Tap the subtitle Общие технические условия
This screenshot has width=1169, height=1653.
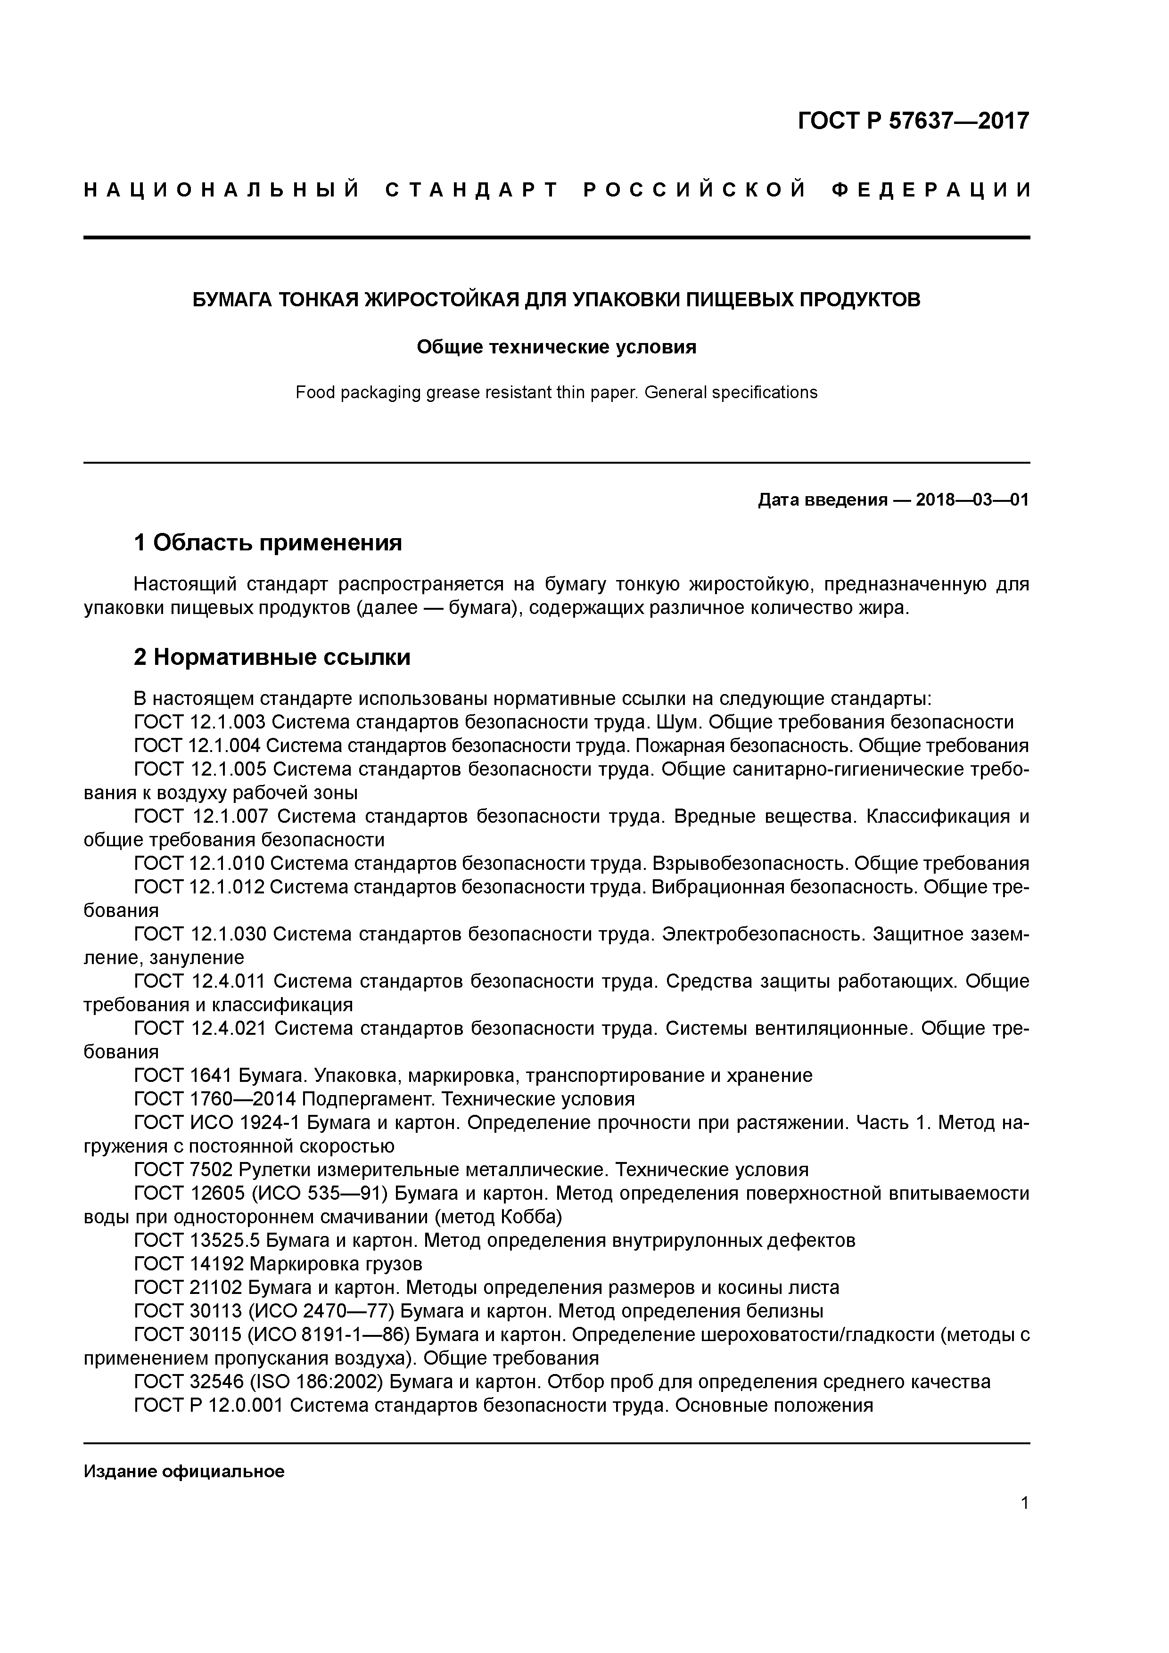click(556, 347)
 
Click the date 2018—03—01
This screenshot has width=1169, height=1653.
click(971, 499)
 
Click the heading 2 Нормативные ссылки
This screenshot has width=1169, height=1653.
click(272, 656)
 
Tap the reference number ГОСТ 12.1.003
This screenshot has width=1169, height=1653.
click(199, 722)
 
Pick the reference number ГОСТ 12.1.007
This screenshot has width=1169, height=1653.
click(201, 817)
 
